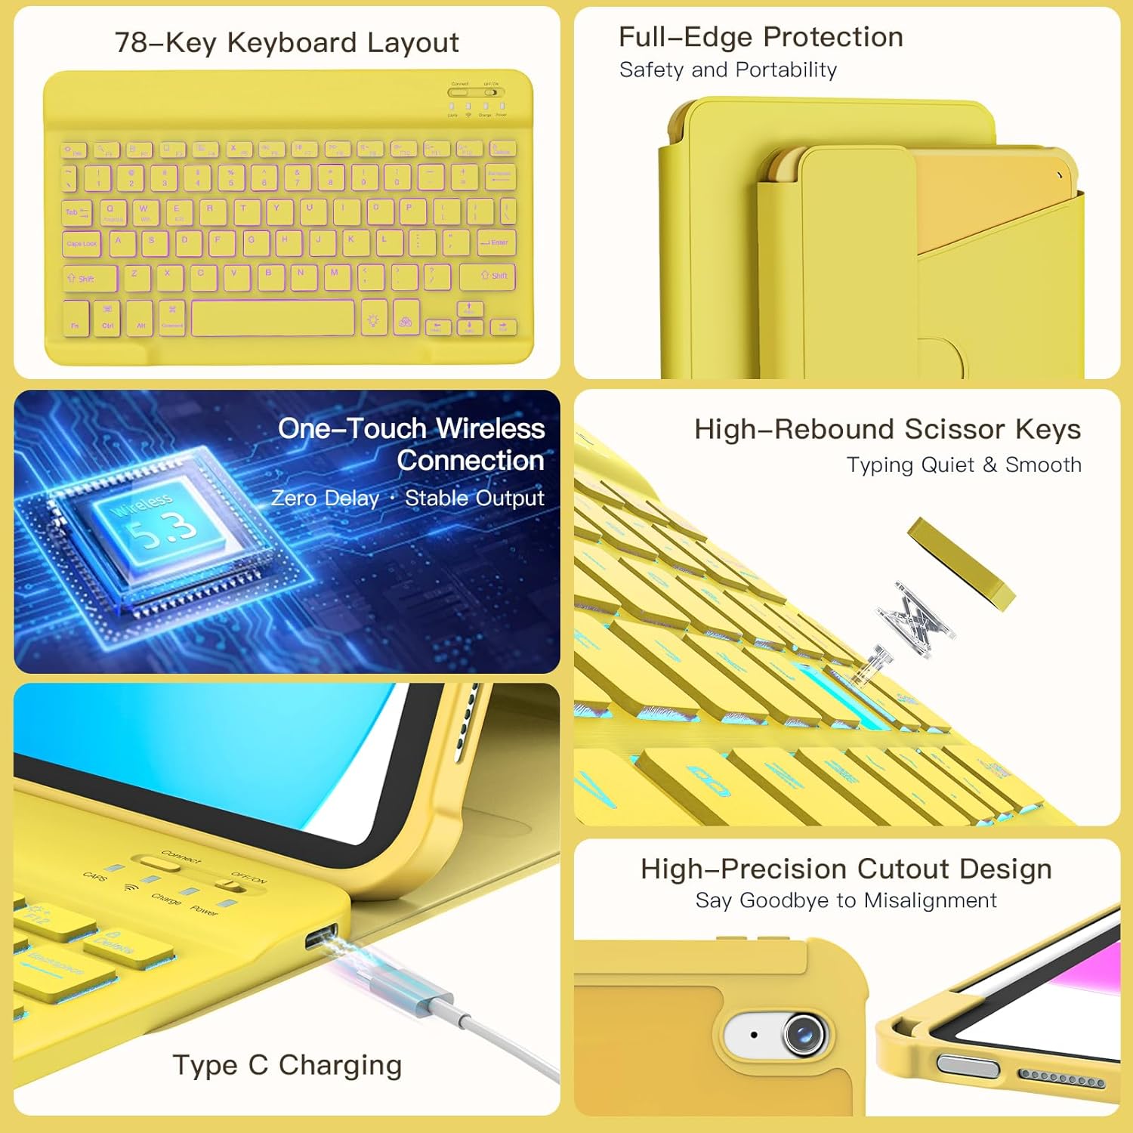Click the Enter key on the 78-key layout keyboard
click(495, 242)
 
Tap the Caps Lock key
click(82, 243)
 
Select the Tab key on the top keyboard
click(76, 212)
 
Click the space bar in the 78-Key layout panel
click(273, 318)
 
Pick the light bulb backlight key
click(373, 319)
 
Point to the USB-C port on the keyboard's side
click(321, 937)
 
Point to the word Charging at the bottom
click(340, 1065)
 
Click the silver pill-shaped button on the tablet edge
click(968, 1065)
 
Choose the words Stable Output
click(474, 499)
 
